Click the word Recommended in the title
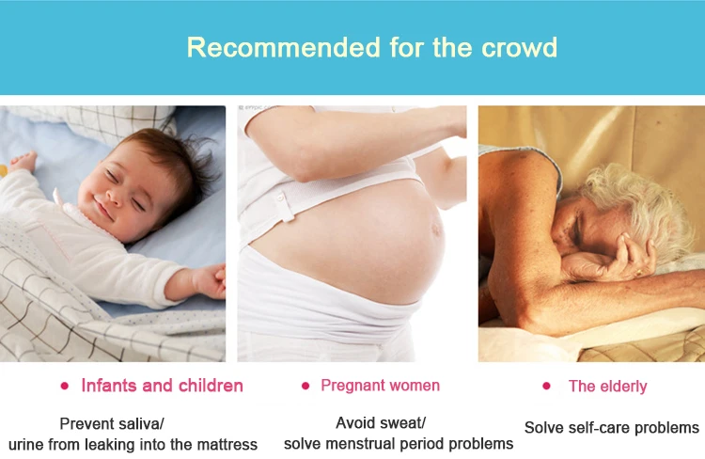(x=283, y=47)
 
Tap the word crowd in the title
(x=519, y=47)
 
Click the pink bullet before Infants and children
(x=64, y=386)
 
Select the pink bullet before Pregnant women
(x=305, y=386)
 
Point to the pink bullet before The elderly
(x=546, y=386)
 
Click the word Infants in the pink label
(x=109, y=386)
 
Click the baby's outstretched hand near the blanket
(x=210, y=281)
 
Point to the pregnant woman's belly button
(x=435, y=229)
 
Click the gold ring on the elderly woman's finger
(x=638, y=272)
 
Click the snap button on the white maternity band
(x=281, y=197)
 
